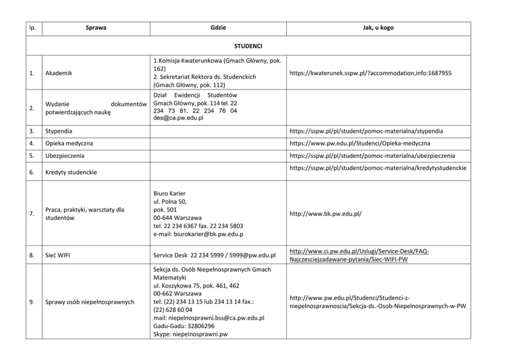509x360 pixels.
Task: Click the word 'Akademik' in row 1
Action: [x=58, y=73]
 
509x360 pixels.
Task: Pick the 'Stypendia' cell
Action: [x=59, y=131]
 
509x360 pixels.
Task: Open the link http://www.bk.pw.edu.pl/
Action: [x=325, y=211]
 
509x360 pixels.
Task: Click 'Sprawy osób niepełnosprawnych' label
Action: [x=90, y=302]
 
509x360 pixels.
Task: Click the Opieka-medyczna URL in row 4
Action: [x=360, y=143]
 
